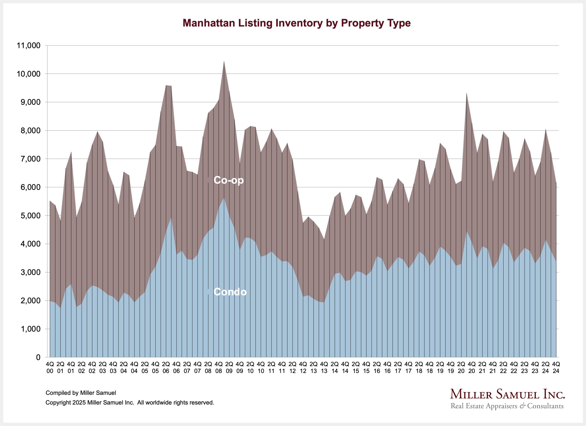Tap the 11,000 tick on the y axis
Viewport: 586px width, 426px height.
coord(29,46)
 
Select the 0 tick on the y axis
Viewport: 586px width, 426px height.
coord(38,357)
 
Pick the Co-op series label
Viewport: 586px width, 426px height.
coord(229,180)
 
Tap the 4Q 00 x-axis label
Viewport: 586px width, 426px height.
coord(50,367)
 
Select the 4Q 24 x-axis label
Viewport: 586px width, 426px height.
coord(556,367)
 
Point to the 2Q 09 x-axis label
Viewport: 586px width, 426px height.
coord(229,367)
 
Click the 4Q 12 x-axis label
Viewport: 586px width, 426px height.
coord(303,367)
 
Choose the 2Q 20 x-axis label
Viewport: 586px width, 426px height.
coord(461,367)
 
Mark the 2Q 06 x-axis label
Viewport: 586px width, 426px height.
coord(166,367)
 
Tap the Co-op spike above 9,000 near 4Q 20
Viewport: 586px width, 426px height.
coord(466,94)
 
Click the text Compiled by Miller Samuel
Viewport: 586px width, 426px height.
coord(81,393)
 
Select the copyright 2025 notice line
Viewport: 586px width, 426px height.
coord(130,402)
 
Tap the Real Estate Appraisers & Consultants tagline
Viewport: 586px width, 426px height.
coord(507,406)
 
